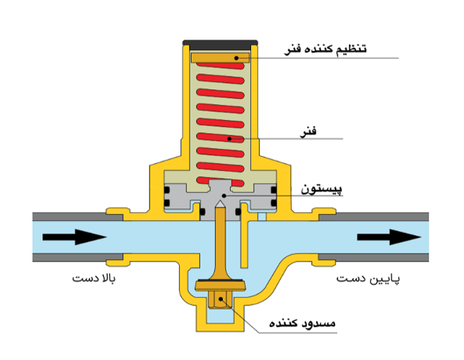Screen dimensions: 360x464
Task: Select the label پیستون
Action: pos(322,188)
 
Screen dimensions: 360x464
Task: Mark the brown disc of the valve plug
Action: pos(221,287)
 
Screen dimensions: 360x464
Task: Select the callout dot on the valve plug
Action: pos(221,299)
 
